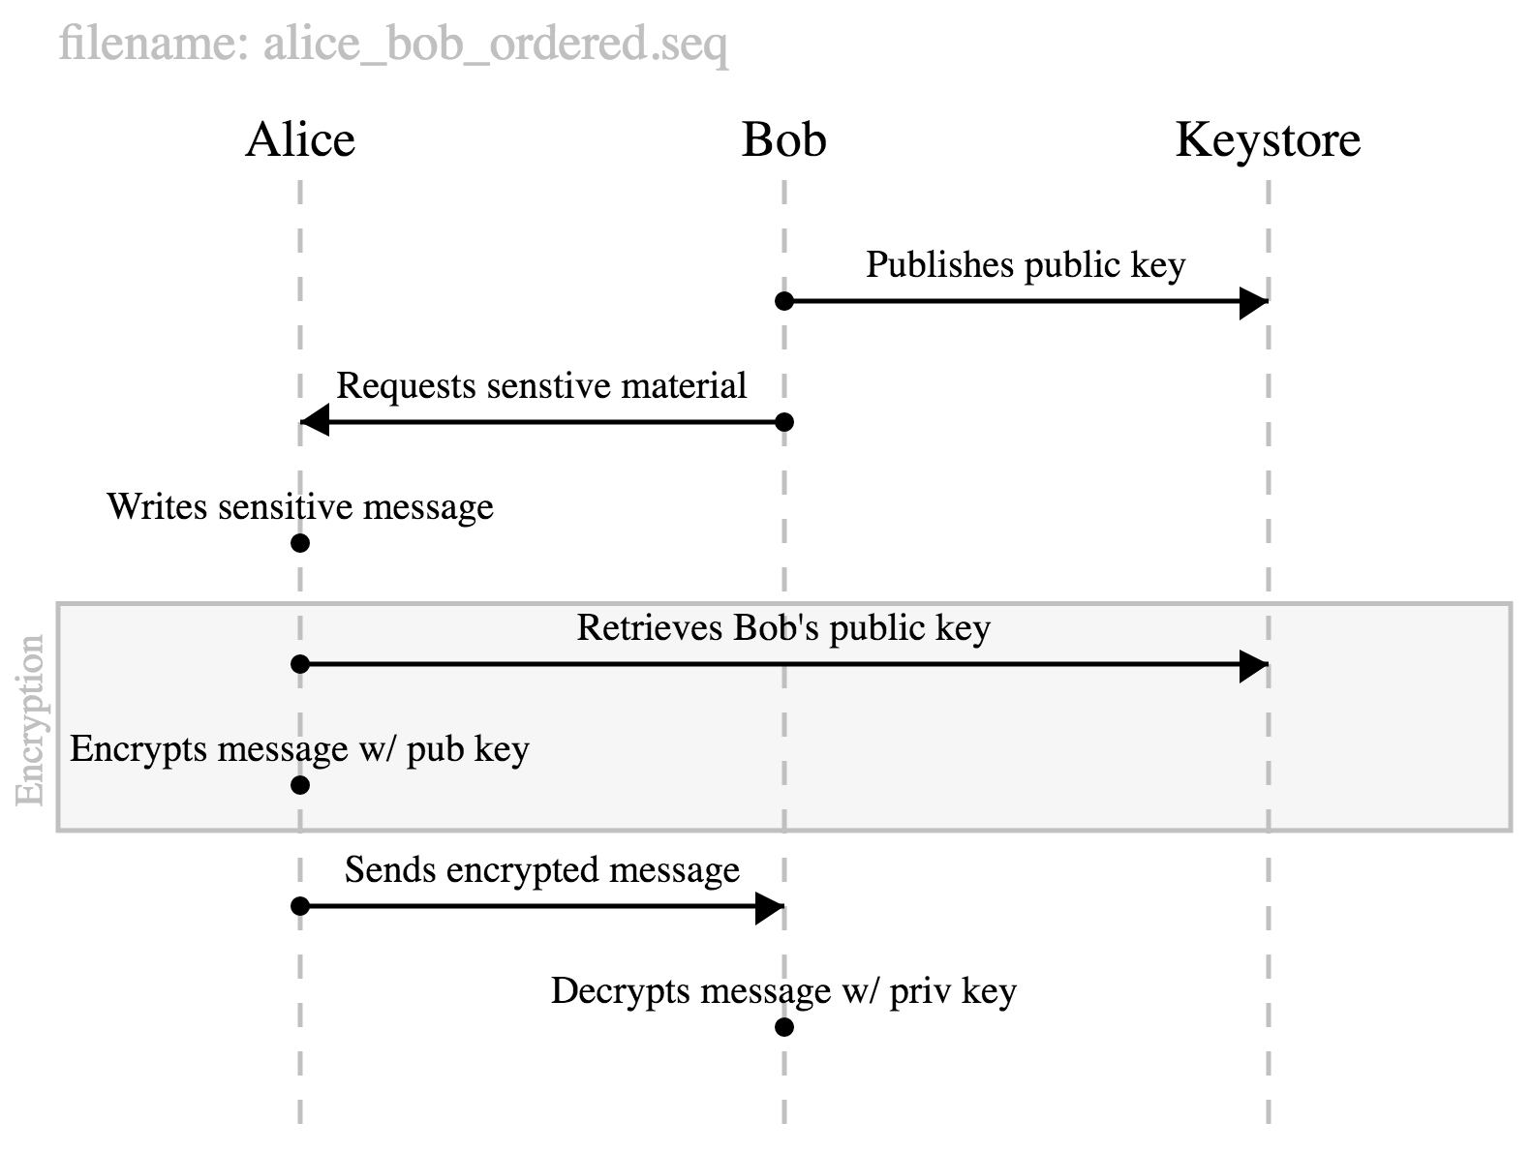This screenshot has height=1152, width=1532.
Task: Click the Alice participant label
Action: coord(300,140)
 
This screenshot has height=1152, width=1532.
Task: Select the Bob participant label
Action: coord(783,140)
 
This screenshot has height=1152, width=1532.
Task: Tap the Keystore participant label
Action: coord(1268,140)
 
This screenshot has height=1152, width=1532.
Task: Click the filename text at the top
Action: coord(393,44)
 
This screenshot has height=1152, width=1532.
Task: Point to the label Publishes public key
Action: coord(1026,265)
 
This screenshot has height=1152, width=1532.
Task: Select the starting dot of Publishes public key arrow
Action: coord(784,301)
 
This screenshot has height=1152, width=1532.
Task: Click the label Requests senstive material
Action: coord(541,386)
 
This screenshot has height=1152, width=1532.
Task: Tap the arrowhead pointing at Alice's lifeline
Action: coord(316,422)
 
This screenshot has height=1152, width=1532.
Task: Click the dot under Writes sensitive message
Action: coord(300,543)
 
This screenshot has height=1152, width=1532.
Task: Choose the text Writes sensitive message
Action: coord(300,507)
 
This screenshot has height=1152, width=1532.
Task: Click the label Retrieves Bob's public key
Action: coord(783,628)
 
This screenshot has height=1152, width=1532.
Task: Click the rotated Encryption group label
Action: coord(31,719)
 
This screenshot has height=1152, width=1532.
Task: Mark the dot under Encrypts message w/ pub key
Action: coord(300,785)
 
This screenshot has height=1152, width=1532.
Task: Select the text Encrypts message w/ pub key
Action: coord(300,749)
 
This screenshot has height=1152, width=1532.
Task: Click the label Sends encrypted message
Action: coord(541,870)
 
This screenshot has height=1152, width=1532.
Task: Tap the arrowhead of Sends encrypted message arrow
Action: coord(769,907)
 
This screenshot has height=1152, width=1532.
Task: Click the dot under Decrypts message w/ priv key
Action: coord(784,1027)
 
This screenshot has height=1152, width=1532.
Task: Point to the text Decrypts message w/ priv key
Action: coord(783,991)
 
